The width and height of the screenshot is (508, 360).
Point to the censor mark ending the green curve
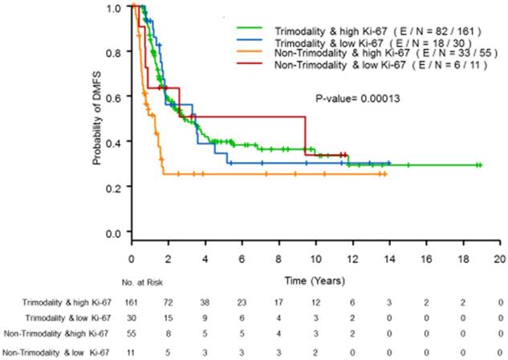[x=479, y=165]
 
